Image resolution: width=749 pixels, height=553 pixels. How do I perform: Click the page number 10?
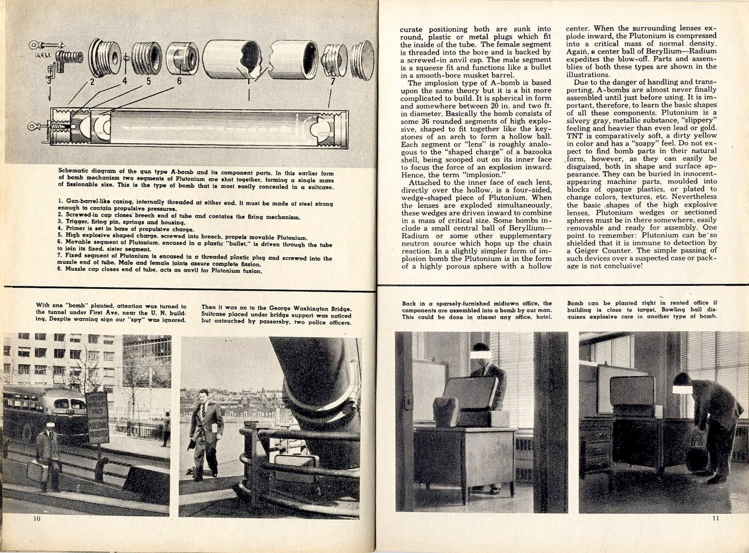tap(36, 519)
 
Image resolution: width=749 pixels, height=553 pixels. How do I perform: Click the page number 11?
tap(716, 518)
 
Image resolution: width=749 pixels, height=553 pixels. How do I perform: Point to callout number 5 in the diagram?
tap(148, 81)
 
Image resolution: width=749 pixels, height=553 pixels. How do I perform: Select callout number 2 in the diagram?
tap(92, 81)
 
